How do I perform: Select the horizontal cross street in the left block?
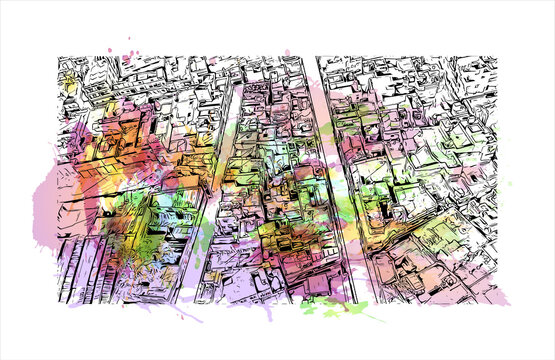pos(130,185)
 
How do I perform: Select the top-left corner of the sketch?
pos(58,56)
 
